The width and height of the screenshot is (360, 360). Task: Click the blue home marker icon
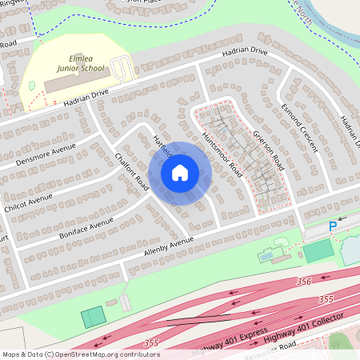click(180, 173)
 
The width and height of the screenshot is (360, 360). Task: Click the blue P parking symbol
click(333, 227)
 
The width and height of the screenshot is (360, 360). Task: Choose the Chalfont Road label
click(133, 170)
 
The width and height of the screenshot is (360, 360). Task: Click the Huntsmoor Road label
click(222, 154)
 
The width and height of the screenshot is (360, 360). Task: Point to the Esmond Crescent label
click(299, 128)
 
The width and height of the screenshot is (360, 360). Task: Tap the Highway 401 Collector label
click(304, 326)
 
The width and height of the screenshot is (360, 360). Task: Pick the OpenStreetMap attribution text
click(81, 354)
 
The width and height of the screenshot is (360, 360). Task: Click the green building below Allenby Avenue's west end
click(93, 317)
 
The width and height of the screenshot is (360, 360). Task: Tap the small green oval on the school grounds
click(31, 85)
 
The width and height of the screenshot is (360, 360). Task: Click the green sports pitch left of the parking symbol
click(318, 250)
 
